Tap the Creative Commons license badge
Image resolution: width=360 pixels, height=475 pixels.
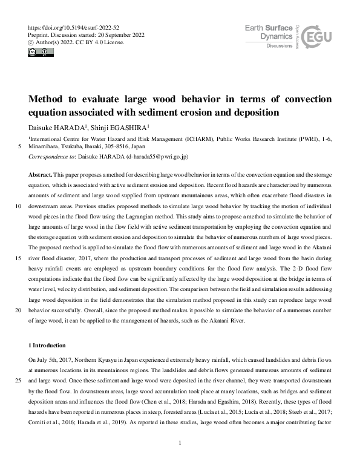tap(37, 52)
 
